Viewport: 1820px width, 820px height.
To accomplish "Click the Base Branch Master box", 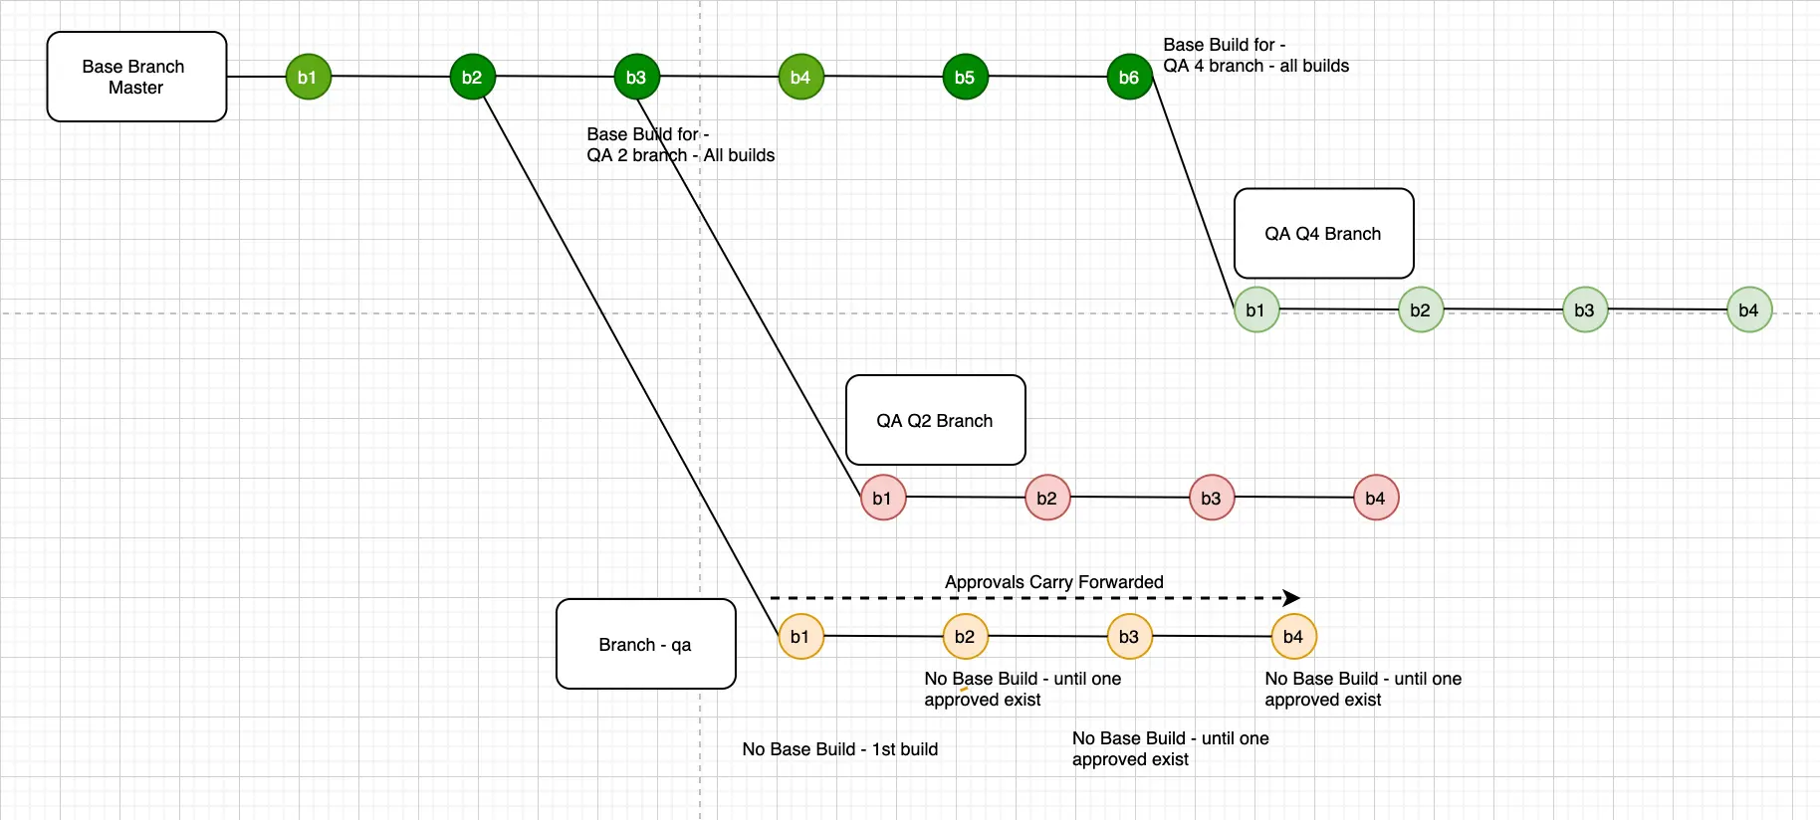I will click(136, 77).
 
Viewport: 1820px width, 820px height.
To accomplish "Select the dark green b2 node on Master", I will click(472, 77).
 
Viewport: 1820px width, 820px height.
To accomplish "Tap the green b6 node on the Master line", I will click(1129, 77).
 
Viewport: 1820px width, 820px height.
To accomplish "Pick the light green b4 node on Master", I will click(800, 77).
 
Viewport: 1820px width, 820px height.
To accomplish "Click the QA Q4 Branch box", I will click(1323, 234).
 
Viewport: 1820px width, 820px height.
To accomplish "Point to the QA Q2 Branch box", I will click(935, 420).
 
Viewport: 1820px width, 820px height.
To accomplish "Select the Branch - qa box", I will click(645, 644).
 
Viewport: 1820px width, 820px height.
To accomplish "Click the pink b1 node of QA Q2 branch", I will click(883, 498).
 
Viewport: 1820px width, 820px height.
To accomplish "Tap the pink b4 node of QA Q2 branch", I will click(1376, 498).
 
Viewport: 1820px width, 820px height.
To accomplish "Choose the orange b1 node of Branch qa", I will click(800, 637).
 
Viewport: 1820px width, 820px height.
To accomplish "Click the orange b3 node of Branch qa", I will click(1129, 637).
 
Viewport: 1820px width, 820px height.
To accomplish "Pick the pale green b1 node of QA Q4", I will click(1256, 309).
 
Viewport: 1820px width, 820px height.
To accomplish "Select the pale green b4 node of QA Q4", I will click(1749, 309).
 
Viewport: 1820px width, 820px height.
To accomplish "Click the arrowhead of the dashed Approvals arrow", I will click(1291, 598).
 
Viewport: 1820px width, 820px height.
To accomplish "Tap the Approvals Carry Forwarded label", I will click(1053, 582).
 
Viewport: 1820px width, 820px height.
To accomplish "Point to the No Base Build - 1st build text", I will click(839, 749).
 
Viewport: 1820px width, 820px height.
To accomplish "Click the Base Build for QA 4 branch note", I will click(1255, 56).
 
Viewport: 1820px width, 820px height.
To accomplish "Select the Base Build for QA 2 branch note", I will click(680, 145).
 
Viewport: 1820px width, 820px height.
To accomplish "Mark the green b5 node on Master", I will click(965, 77).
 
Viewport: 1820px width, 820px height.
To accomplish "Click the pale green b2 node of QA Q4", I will click(1421, 309).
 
